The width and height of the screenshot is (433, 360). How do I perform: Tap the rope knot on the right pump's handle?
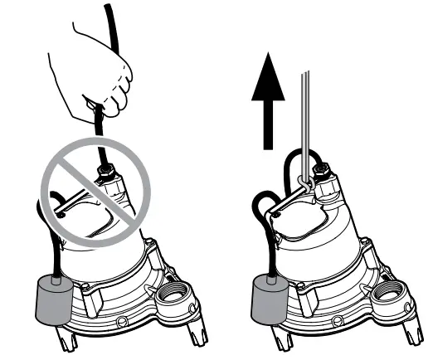306,178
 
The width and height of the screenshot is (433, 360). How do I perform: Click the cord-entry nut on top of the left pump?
109,177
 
